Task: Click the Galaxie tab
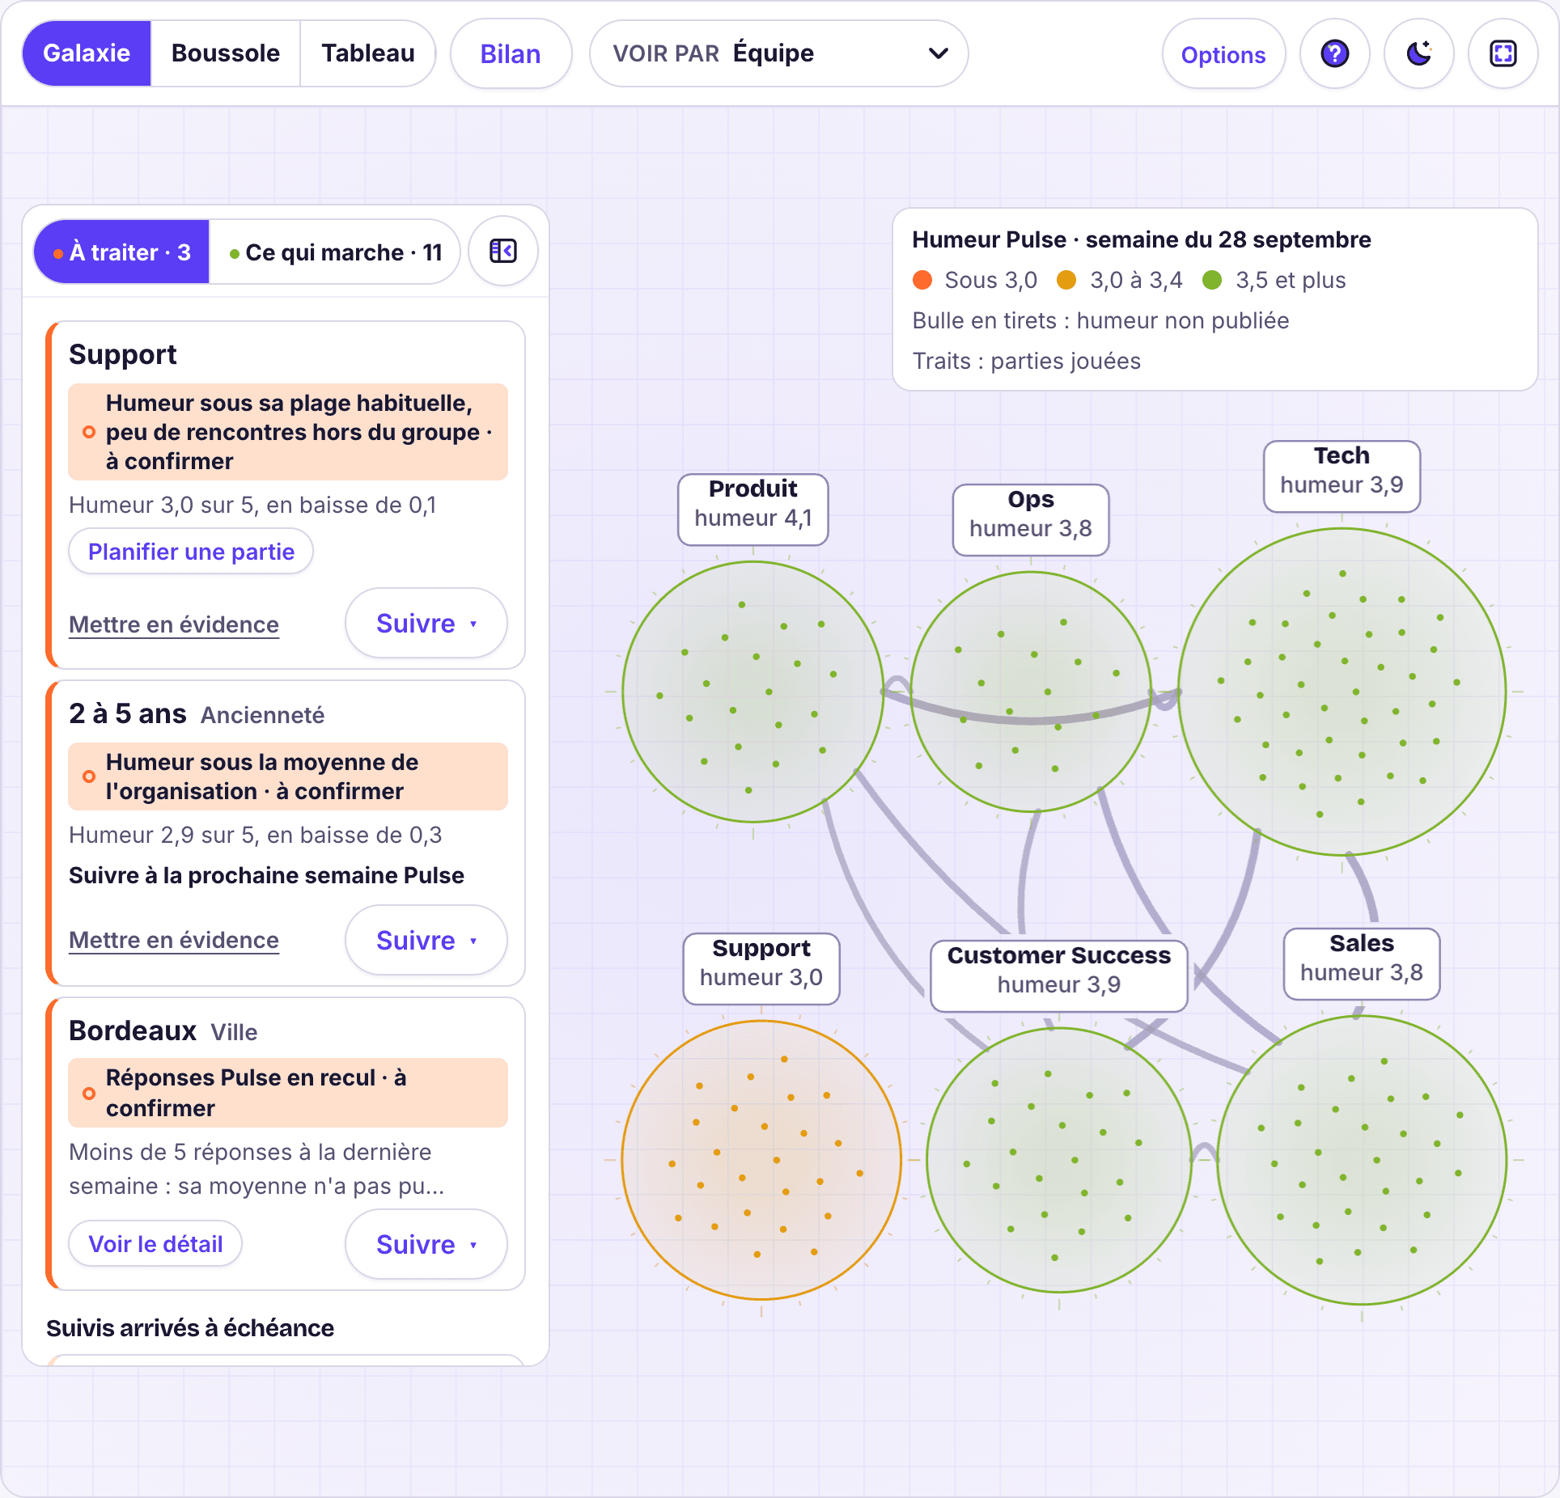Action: tap(87, 53)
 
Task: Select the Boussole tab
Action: tap(226, 53)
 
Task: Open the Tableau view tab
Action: tap(368, 53)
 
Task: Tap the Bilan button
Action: tap(511, 54)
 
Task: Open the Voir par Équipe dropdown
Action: tap(778, 53)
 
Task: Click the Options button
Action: tap(1223, 54)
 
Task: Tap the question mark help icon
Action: tap(1335, 54)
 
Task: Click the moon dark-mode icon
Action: tap(1419, 54)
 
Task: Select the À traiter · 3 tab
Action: tap(121, 252)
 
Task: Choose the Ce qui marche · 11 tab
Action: tap(335, 252)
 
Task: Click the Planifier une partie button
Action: tap(191, 552)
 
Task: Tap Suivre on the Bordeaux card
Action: tap(426, 1244)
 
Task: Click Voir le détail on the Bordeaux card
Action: tap(155, 1244)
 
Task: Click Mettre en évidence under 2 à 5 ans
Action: tap(174, 940)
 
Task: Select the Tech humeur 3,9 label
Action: tap(1342, 476)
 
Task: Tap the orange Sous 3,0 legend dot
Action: tap(922, 280)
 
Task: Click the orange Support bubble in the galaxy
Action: tap(761, 1160)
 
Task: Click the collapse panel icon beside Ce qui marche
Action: tap(503, 252)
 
